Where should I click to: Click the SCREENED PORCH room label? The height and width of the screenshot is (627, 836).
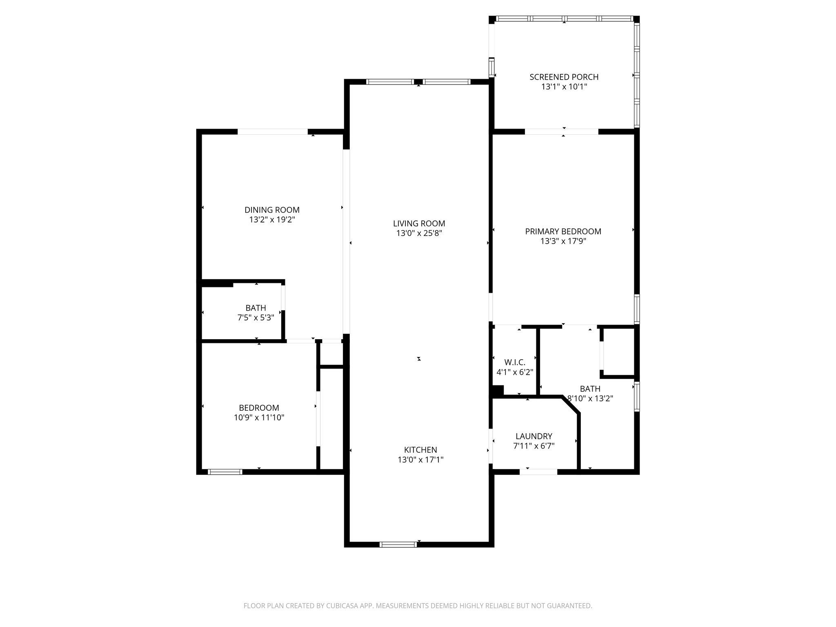pos(564,77)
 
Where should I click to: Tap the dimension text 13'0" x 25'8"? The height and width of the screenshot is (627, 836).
pos(419,233)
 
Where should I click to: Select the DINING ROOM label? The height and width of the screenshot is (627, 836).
pos(272,210)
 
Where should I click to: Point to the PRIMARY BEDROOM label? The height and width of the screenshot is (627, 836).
pos(563,231)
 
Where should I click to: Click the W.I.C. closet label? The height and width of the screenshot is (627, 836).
pos(514,362)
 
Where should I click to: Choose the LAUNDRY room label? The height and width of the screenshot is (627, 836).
pos(534,436)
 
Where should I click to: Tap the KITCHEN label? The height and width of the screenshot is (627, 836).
pos(420,450)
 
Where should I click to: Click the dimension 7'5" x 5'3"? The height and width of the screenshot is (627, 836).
pos(256,318)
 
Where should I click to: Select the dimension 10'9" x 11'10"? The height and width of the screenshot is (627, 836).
pos(259,418)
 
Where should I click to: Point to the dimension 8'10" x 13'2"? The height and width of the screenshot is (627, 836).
pos(591,398)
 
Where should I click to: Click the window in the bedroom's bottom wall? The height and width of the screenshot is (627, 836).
pos(225,472)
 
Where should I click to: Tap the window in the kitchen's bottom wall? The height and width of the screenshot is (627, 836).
pos(398,544)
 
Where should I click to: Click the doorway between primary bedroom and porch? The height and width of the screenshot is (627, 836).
pos(561,131)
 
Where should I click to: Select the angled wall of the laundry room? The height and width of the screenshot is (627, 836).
pos(571,406)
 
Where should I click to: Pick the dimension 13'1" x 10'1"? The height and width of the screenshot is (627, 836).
pos(564,87)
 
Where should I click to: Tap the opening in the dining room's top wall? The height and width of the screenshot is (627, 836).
pos(272,131)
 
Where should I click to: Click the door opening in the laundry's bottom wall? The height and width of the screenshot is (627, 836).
pos(538,472)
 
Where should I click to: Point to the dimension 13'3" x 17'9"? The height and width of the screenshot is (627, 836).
pos(563,241)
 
